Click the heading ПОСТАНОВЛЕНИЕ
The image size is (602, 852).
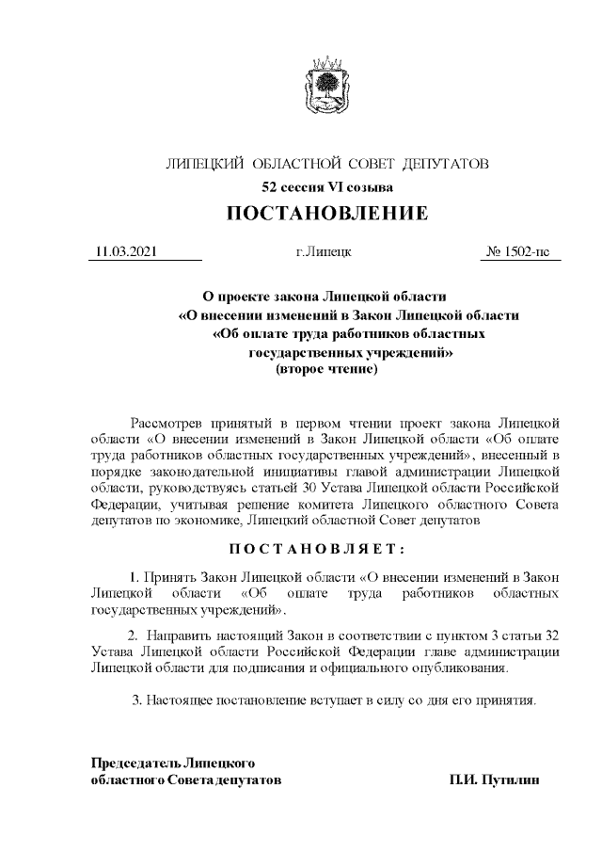coord(326,214)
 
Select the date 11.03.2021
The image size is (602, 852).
coord(126,252)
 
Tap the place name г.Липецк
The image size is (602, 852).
coord(324,252)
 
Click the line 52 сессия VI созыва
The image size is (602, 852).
coord(326,187)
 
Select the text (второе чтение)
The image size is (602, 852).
coord(325,371)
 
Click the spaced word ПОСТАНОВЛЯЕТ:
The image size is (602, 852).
coord(326,548)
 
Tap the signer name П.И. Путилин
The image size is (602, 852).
coord(495,780)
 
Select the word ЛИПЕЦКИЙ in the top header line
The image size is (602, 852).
coord(205,164)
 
